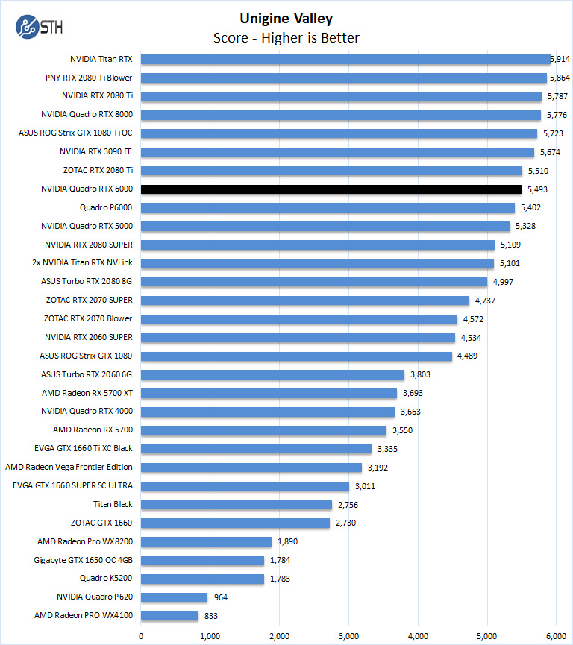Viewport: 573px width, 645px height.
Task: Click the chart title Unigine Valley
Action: tap(286, 19)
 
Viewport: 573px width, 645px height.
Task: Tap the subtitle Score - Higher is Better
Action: tap(286, 38)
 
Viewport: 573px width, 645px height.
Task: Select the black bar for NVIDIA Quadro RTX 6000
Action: tap(331, 189)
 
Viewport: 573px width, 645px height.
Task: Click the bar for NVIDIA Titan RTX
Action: tap(345, 59)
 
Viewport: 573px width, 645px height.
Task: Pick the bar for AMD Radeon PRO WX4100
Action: tap(169, 616)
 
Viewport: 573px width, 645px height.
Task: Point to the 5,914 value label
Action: tap(560, 59)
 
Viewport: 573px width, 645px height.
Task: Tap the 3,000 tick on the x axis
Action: tap(348, 635)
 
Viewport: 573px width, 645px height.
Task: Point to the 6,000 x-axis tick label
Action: tap(556, 635)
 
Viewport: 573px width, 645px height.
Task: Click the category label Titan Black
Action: tap(113, 504)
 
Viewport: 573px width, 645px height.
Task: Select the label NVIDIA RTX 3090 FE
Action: tap(96, 152)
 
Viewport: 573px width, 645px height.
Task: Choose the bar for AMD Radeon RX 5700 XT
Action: tap(269, 393)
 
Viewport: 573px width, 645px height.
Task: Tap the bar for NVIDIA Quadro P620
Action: tap(174, 597)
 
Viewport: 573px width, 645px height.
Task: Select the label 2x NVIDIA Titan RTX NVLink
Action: tap(83, 263)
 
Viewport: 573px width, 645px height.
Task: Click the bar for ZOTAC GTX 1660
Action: tap(235, 523)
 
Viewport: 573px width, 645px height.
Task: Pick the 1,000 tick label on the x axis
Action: tap(210, 635)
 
